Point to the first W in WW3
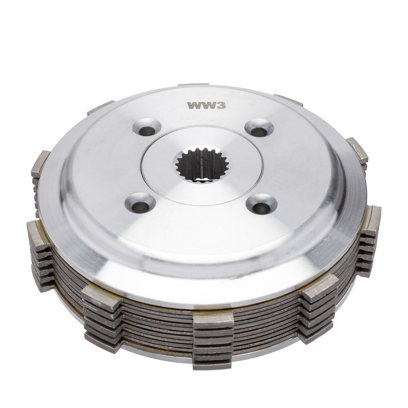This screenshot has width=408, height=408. coord(194,105)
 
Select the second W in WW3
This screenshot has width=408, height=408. coord(208,105)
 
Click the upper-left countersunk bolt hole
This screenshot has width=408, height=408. coord(144,127)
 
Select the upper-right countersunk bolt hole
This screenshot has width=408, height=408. coord(259,128)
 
